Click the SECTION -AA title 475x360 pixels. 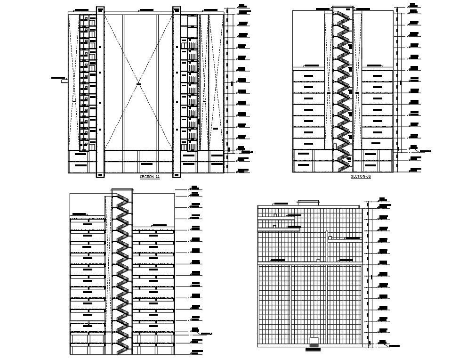[150, 177]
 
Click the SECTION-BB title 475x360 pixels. [361, 176]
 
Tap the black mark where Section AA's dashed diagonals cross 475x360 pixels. [139, 84]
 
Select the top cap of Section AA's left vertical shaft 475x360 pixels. [100, 8]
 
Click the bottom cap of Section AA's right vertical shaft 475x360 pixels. [177, 175]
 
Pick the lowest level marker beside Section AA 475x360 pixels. [242, 171]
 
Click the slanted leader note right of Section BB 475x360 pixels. [425, 151]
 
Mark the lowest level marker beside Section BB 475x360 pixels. [414, 170]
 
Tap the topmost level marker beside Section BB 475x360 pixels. [413, 6]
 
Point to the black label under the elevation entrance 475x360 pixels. [312, 350]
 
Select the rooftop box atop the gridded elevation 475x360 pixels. [309, 203]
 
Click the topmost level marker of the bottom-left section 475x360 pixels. [194, 188]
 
